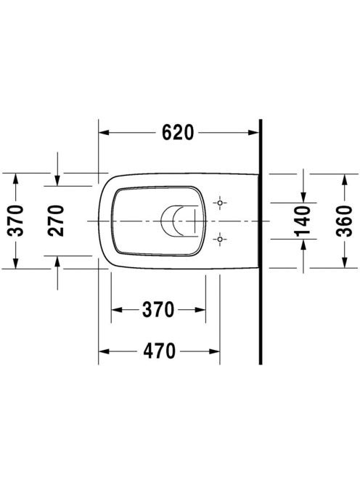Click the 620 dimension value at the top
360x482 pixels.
coord(178,133)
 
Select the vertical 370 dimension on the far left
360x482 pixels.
coord(15,221)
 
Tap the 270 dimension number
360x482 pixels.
coord(56,221)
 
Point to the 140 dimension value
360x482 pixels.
coord(303,221)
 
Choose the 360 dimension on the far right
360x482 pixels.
coord(344,221)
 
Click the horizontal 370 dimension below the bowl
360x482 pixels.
coord(158,309)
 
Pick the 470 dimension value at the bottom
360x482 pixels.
coord(159,351)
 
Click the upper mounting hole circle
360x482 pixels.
coord(220,203)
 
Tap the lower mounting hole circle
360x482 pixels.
coord(220,239)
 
